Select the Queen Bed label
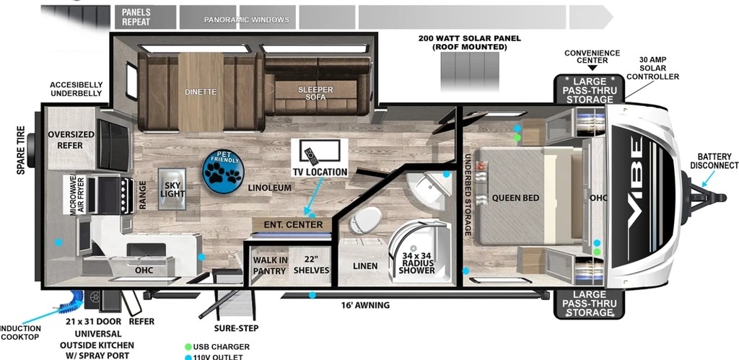pos(515,198)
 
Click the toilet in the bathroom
pos(366,219)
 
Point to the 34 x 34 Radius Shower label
pos(416,263)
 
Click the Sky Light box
pos(172,189)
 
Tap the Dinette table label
pos(201,92)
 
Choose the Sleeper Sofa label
pos(315,93)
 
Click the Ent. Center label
pos(293,224)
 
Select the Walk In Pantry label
pos(270,265)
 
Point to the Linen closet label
pos(365,266)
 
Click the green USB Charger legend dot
pos(188,347)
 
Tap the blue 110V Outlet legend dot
pos(188,357)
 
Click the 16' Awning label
pos(366,305)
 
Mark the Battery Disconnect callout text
pos(714,161)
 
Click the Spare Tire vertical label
pos(21,150)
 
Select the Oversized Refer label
pos(71,140)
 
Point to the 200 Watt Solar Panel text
pos(469,43)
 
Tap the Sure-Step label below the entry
pos(236,328)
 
